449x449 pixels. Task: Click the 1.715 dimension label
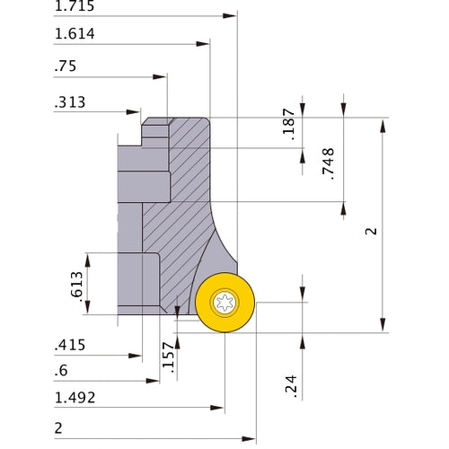click(x=75, y=7)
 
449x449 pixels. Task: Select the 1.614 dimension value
click(x=75, y=35)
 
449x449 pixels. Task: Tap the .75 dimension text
click(x=66, y=66)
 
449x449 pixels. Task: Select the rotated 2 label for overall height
click(x=369, y=232)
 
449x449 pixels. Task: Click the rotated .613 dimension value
click(x=75, y=286)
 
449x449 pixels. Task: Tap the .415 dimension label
click(x=71, y=346)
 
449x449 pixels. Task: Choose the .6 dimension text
click(x=62, y=372)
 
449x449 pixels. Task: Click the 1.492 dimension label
click(x=75, y=398)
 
